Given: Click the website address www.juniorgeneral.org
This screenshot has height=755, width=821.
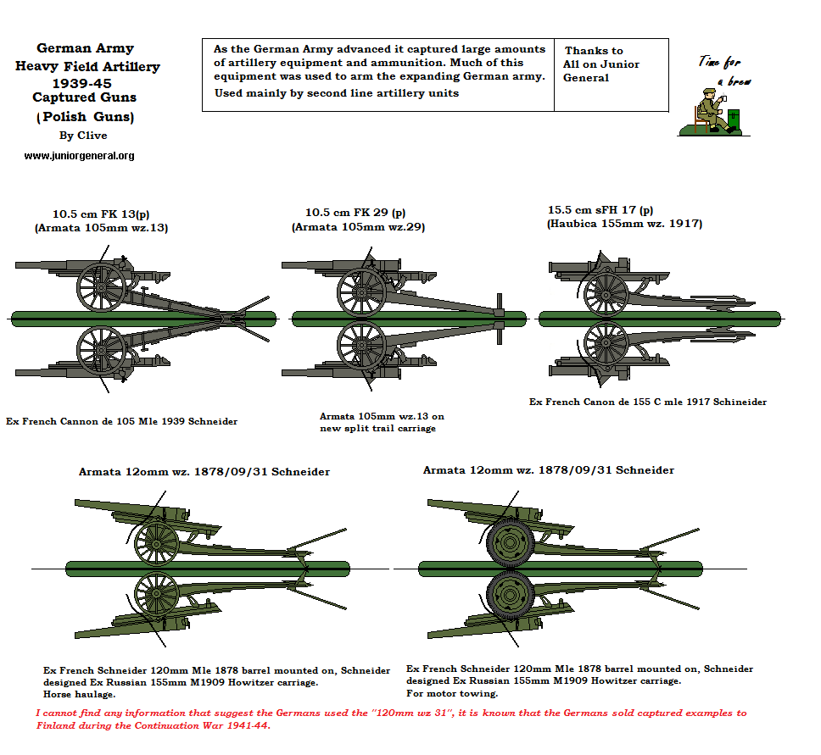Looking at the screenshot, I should coord(79,156).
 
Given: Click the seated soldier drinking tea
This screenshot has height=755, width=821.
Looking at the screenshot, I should coord(708,111).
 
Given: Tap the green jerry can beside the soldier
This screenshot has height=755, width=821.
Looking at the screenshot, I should coord(734,119).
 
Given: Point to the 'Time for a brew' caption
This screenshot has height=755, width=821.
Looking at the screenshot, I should coord(724,69).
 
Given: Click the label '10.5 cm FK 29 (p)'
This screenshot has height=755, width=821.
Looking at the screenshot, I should coord(355,213).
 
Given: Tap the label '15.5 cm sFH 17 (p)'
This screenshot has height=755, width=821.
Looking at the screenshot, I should coord(600,209).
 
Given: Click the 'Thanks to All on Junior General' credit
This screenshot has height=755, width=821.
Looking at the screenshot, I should coord(601,64).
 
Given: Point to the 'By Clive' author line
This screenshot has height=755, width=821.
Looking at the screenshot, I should coord(83,136).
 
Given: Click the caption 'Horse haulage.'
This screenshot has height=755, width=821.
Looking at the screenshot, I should coord(79,693).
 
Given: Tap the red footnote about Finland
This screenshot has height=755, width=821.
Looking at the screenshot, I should coord(391,719).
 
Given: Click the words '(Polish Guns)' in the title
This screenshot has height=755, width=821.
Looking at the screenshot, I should coord(86,116).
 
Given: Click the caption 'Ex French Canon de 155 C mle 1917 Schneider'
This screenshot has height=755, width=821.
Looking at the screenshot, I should coord(647,402).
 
